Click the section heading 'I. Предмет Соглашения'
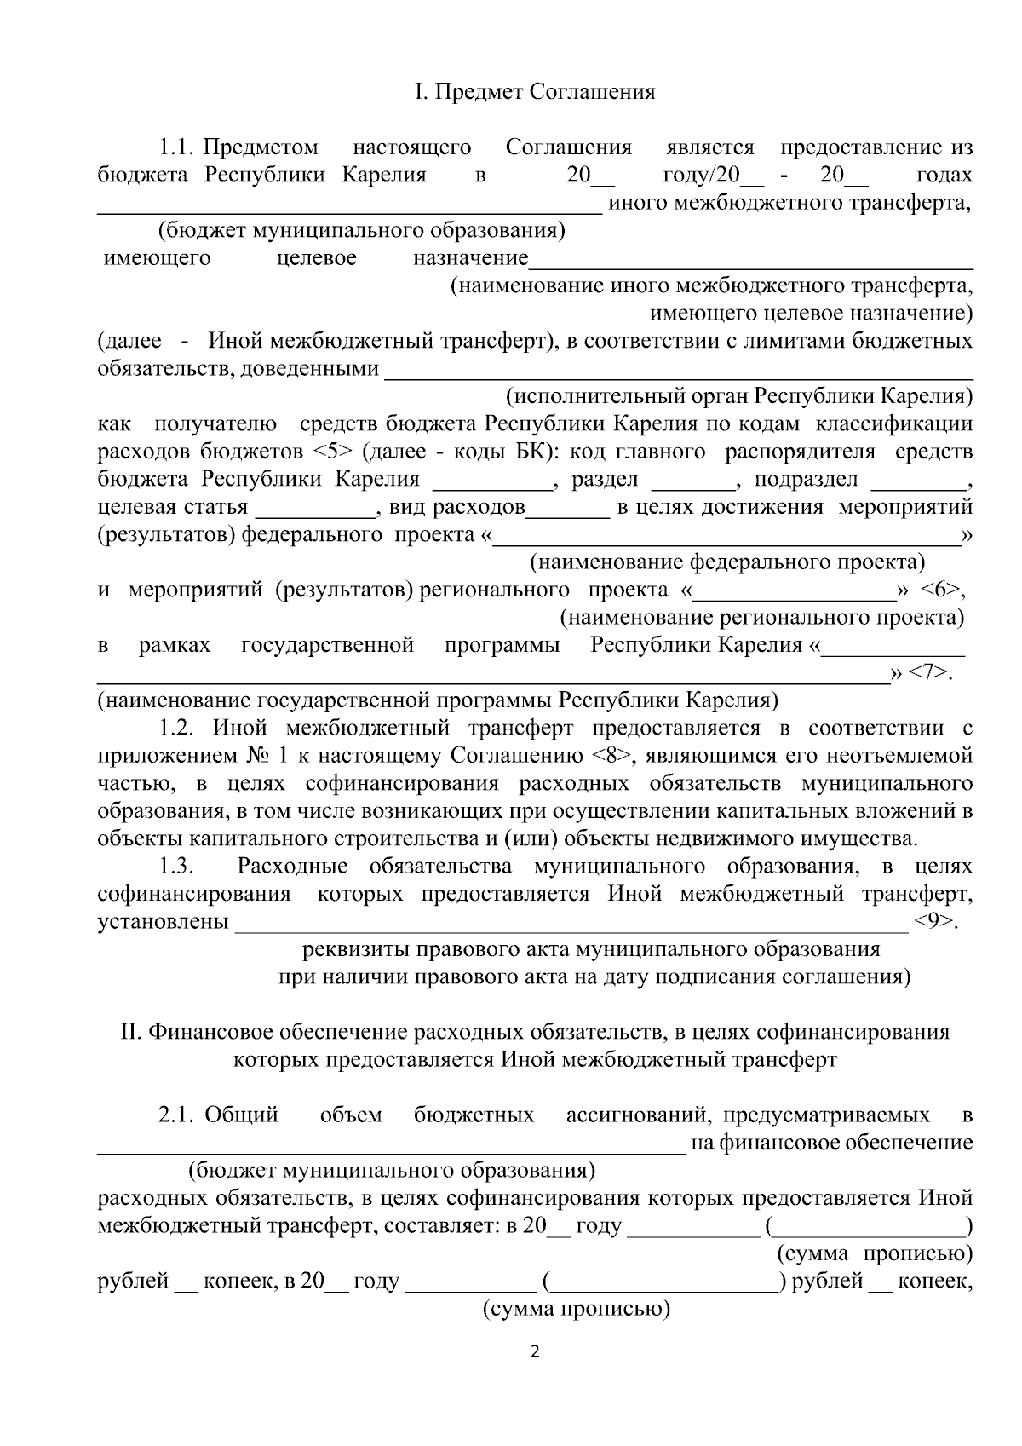pos(535,92)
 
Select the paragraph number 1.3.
pos(177,867)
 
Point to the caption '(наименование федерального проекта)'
pos(727,562)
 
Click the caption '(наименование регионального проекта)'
pos(761,617)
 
